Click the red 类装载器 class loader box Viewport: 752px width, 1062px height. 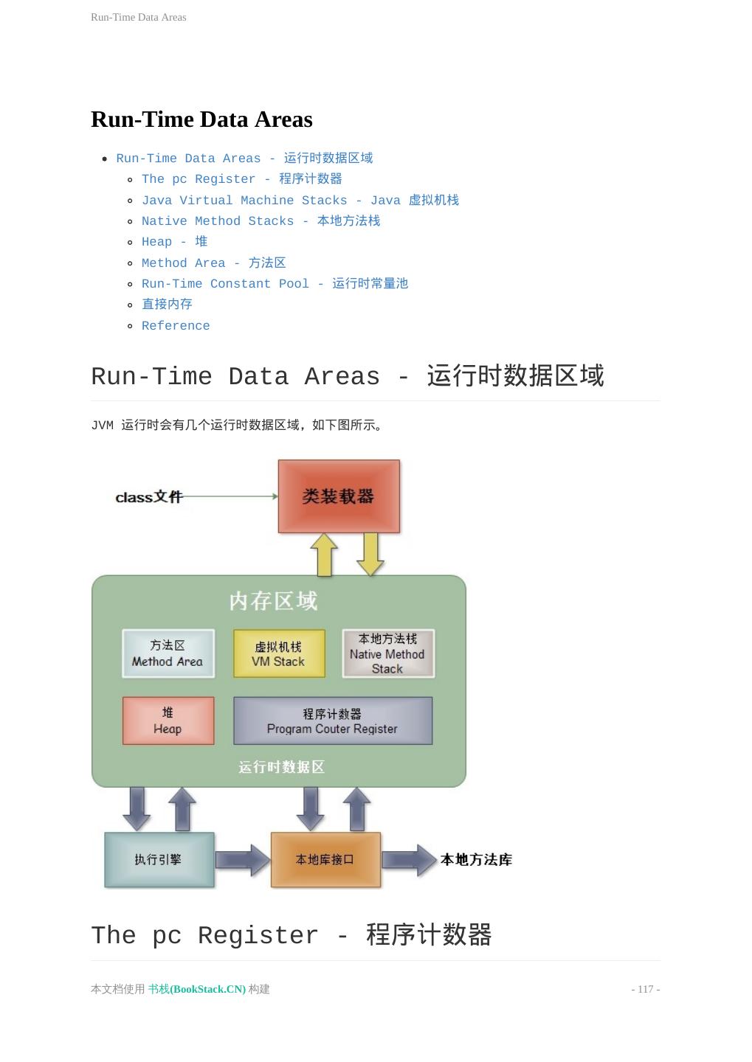coord(339,496)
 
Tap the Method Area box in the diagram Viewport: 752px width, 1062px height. coord(168,653)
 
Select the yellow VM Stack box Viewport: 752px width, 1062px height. coord(279,653)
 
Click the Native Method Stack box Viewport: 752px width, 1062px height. coord(388,653)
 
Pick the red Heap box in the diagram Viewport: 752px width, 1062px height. coord(168,721)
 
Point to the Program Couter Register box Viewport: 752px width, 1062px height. coord(333,721)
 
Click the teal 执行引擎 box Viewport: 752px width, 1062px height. coord(159,859)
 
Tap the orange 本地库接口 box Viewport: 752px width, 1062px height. coord(325,859)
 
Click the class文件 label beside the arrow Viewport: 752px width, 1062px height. coord(148,497)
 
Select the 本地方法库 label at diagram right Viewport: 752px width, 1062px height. coord(476,859)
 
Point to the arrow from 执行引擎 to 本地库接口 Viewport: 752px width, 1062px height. coord(243,860)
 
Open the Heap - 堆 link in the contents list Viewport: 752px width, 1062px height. coord(175,242)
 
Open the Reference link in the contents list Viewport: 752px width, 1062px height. coord(176,326)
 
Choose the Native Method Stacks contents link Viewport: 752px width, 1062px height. coord(261,221)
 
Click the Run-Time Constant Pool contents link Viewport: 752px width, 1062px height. coord(275,284)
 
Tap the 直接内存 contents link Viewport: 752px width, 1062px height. coord(167,305)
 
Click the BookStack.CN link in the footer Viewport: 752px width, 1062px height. coord(197,989)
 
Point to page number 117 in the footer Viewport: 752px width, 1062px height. coord(646,989)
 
